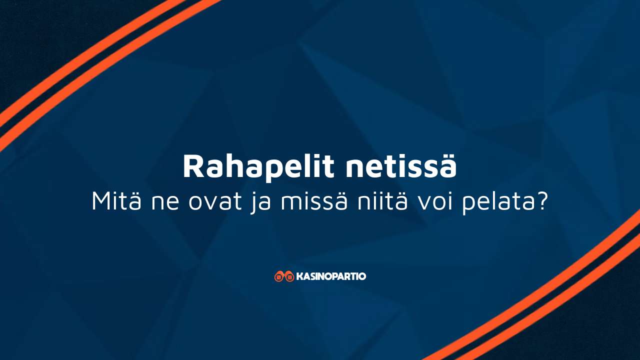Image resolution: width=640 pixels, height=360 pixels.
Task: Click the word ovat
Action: (215, 201)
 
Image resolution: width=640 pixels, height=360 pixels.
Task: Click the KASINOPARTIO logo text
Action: (331, 276)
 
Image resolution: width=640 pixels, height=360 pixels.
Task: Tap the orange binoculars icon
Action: (284, 276)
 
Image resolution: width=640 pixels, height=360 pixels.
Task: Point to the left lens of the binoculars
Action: (279, 277)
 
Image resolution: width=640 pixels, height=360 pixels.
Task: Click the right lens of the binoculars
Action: (289, 277)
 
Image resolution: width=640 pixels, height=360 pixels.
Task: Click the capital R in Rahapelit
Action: (193, 166)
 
